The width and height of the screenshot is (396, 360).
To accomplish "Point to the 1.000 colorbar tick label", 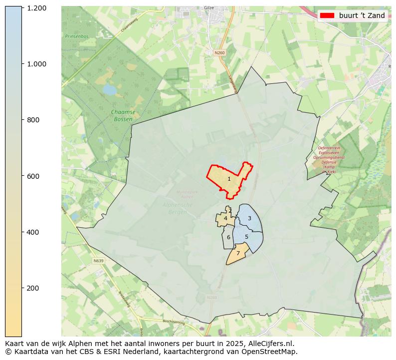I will (36, 64).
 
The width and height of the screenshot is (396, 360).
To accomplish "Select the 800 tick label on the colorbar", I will (33, 120).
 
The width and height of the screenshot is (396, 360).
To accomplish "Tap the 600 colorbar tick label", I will (33, 176).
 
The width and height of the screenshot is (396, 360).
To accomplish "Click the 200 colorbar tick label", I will (33, 288).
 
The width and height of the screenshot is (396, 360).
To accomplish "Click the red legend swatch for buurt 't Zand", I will (327, 15).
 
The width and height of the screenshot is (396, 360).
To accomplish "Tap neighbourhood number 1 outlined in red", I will (229, 179).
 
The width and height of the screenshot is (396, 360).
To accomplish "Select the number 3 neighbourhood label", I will (249, 218).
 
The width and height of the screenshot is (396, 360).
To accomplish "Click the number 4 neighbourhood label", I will (225, 218).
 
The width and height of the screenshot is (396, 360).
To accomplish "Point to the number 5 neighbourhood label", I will (246, 237).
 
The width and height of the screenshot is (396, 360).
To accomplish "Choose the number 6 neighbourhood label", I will (228, 237).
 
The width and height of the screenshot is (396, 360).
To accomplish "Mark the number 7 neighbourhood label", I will (238, 254).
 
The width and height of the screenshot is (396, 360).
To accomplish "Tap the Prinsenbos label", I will (76, 36).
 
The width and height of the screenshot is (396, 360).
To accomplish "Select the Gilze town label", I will (208, 8).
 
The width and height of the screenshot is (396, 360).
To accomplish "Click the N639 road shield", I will (98, 261).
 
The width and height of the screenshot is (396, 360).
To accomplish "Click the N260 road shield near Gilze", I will (219, 52).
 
